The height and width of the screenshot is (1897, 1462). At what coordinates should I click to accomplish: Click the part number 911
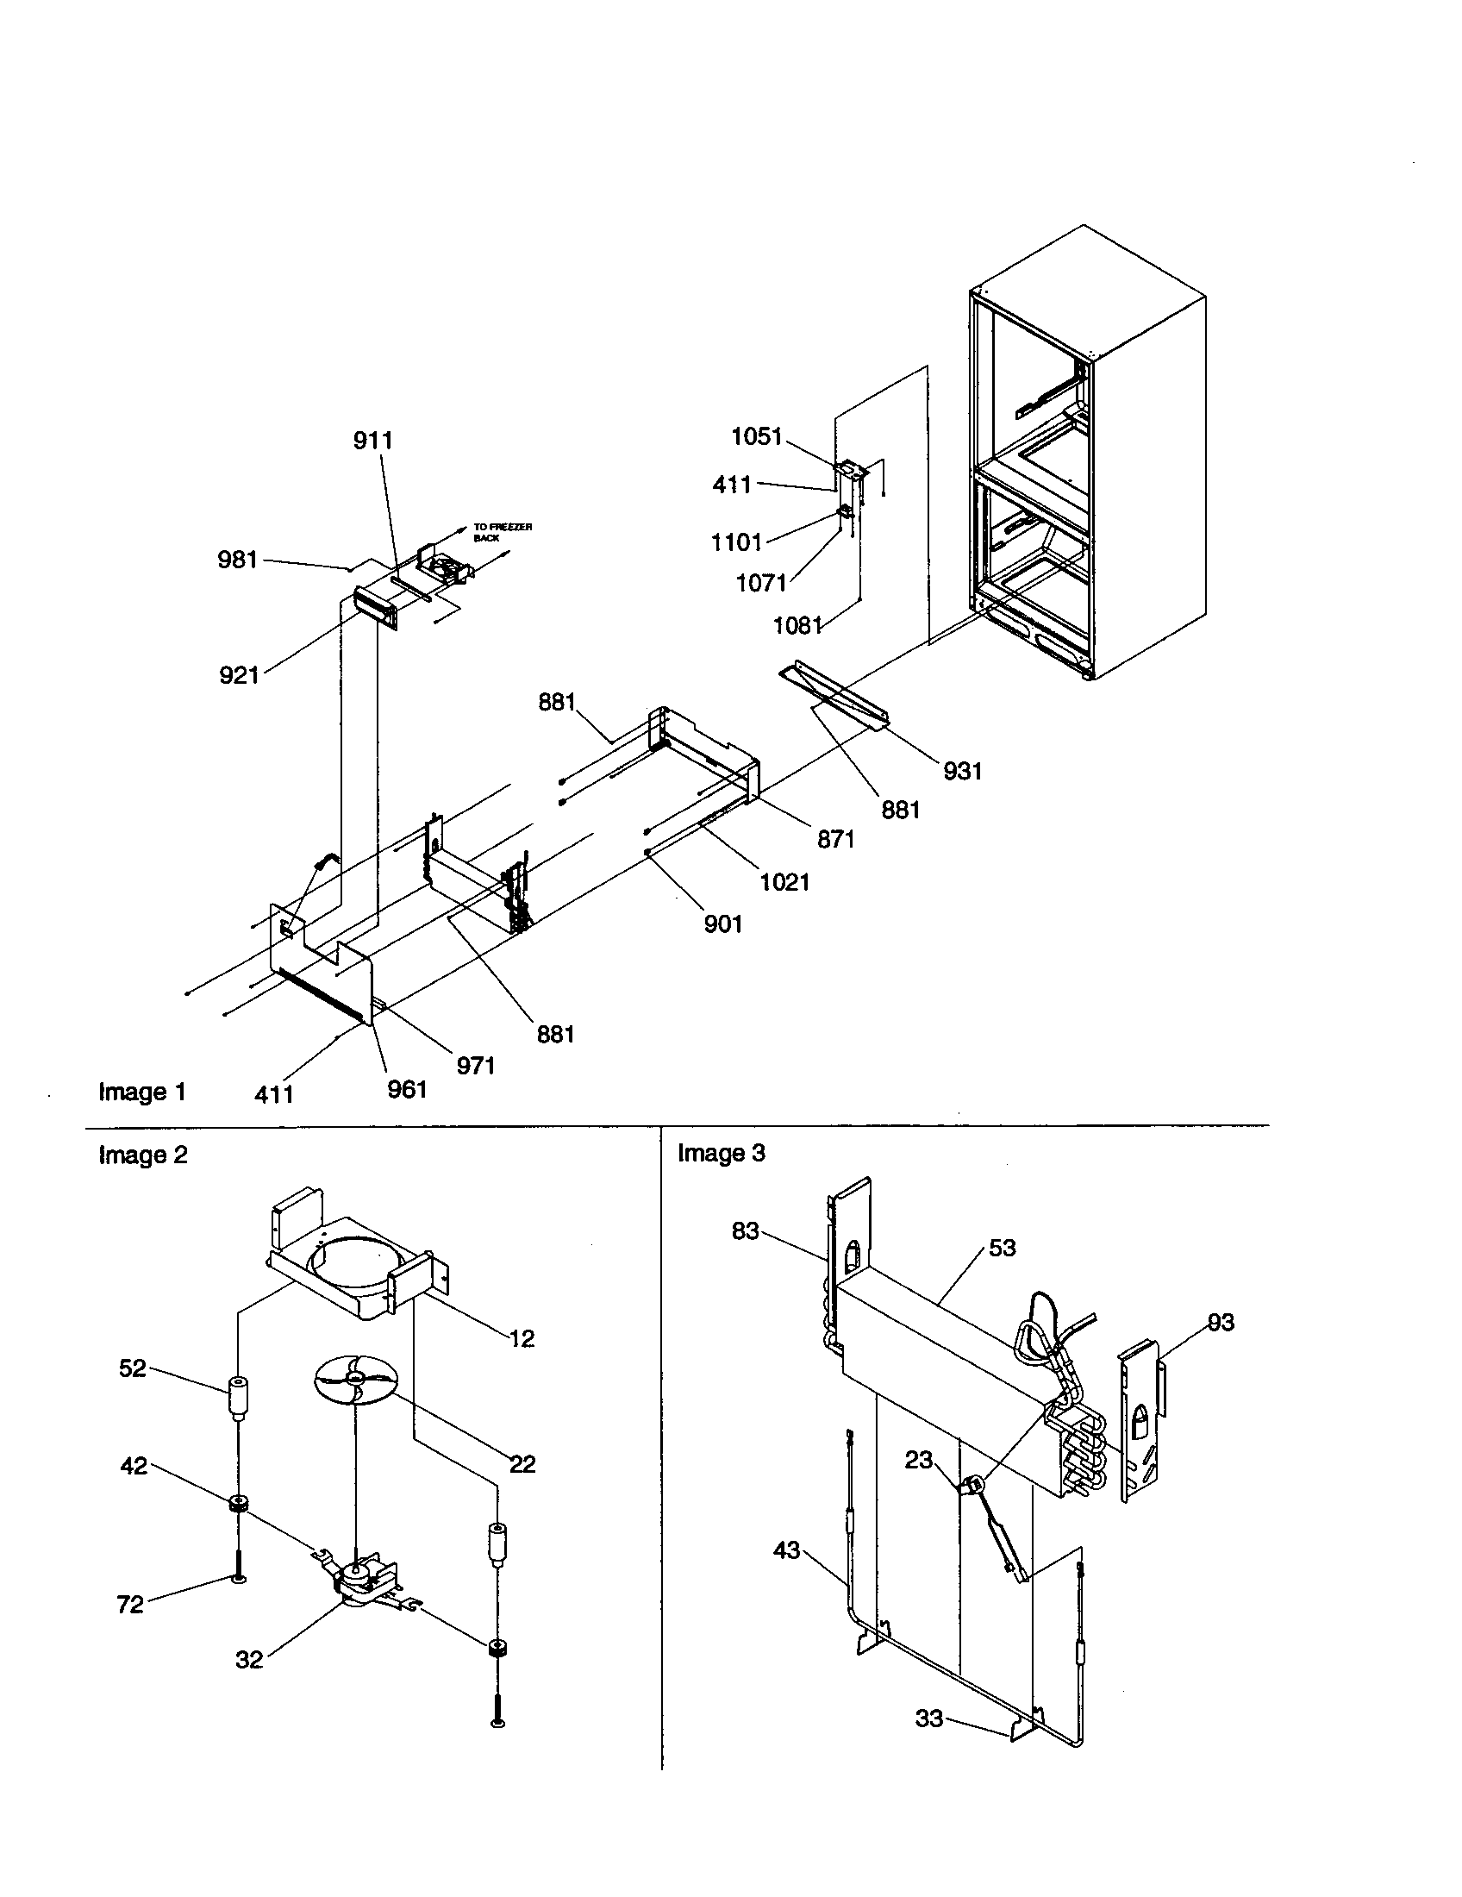tap(372, 441)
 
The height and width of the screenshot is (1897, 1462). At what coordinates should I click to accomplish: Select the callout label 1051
tap(757, 436)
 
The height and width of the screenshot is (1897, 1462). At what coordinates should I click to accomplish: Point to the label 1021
tap(784, 881)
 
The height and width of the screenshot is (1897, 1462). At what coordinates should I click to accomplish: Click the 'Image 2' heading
tap(143, 1155)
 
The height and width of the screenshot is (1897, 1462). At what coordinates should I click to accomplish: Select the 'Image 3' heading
tap(722, 1153)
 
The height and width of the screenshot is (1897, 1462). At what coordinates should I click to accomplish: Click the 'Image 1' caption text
tap(142, 1092)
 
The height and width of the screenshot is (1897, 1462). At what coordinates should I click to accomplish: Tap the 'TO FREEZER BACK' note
tap(502, 532)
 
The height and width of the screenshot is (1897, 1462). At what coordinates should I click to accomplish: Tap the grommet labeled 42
tap(235, 1504)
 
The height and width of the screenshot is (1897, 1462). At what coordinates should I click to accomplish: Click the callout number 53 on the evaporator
tap(1002, 1248)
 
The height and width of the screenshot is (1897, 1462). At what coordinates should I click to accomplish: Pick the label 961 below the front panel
tap(407, 1088)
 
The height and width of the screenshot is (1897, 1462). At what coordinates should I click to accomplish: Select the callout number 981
tap(238, 560)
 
